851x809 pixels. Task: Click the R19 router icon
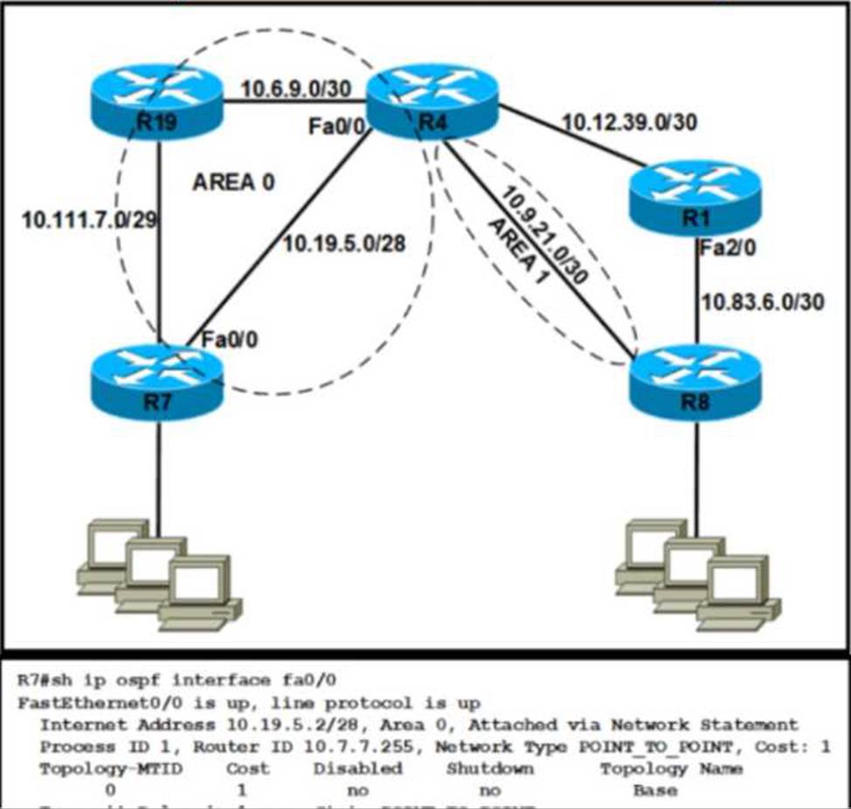click(x=157, y=100)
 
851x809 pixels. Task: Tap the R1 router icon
click(x=695, y=197)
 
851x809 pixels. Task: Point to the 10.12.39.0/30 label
click(x=630, y=123)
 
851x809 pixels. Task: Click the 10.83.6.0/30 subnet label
click(x=763, y=301)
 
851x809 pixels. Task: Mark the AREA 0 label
click(x=233, y=182)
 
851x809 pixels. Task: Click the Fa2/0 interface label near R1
click(x=728, y=249)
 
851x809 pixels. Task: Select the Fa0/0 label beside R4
click(x=336, y=128)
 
